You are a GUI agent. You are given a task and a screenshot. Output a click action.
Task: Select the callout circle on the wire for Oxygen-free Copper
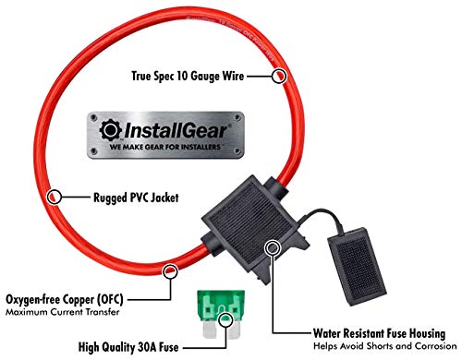tap(170, 270)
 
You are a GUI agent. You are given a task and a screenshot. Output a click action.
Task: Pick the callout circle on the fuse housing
tap(273, 247)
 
